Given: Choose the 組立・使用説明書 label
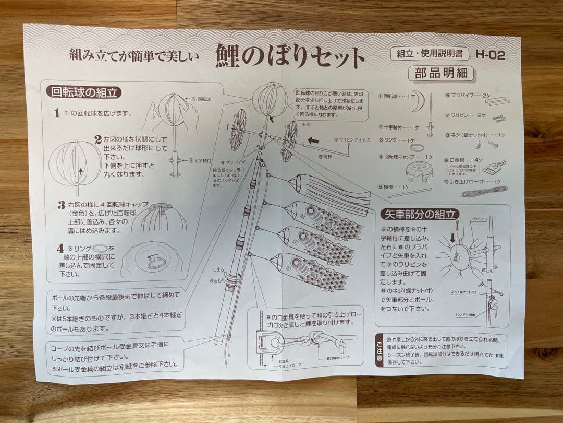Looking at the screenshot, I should point(430,54).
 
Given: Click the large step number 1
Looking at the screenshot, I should point(57,113).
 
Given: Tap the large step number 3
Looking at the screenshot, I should point(62,205).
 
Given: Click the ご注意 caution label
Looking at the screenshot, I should point(379,351).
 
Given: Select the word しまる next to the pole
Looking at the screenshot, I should point(218,270).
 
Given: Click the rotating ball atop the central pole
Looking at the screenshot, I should point(270,99).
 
